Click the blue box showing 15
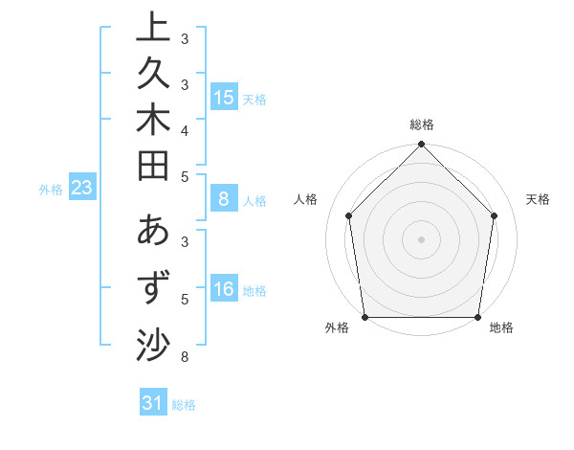224,98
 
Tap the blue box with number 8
224,200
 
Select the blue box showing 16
224,290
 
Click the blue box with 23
82,189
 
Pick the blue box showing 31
153,404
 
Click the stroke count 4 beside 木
185,130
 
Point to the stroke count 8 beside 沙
185,358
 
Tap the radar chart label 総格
422,124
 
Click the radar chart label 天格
538,199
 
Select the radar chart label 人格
306,199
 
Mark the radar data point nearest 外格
365,317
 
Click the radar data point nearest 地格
478,317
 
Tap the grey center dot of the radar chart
422,238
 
